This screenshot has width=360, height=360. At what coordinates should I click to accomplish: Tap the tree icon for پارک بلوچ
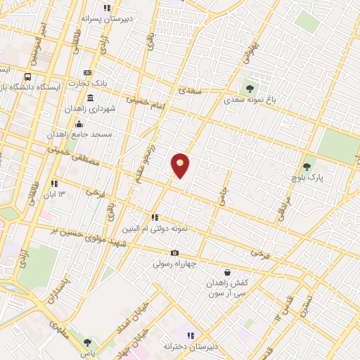pos(306,167)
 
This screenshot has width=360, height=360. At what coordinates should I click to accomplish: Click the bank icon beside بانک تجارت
pos(87,72)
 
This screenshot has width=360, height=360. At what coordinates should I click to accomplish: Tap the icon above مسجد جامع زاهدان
pos(79,124)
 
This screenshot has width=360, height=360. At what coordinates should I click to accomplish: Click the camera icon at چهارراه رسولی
pos(174,253)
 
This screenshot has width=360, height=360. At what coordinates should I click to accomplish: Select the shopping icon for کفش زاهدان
pos(226,272)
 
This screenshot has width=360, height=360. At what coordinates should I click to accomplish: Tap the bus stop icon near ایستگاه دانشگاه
pos(27,77)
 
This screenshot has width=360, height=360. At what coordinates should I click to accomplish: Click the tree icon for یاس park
pos(87,343)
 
